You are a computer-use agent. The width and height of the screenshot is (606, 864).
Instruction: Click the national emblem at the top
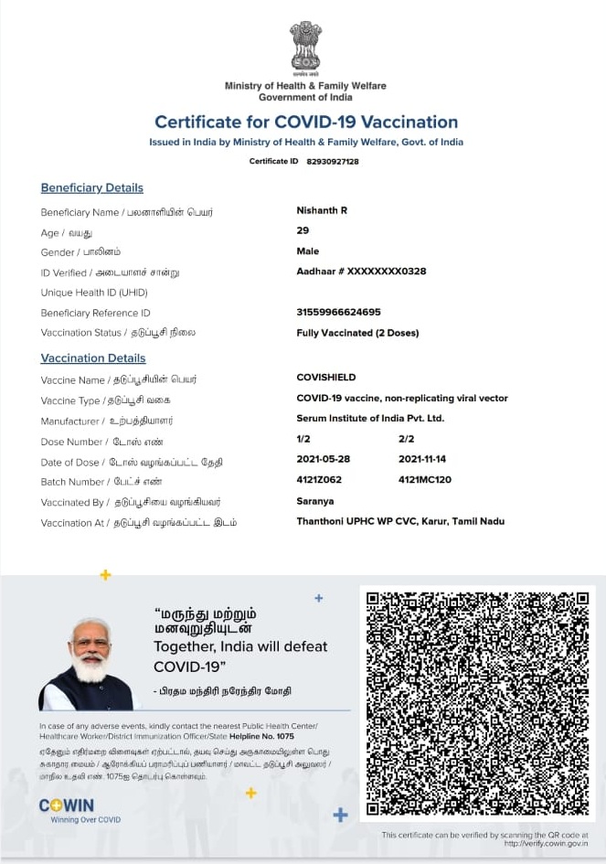coord(305,48)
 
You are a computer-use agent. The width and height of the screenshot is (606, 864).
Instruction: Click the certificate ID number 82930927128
coord(333,162)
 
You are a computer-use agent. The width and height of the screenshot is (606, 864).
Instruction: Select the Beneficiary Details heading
coord(92,188)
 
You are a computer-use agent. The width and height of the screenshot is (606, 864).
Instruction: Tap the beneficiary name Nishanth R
coord(322,211)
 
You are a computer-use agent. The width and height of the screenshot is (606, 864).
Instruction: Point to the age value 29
coord(303,231)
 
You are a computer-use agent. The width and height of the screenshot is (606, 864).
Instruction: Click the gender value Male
coord(308,251)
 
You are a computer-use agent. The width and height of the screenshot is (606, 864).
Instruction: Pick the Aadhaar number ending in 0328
coord(361,272)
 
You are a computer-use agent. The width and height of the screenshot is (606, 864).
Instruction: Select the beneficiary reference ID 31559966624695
coord(338,313)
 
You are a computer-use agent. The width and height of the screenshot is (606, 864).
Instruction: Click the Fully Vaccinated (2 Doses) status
coord(357,333)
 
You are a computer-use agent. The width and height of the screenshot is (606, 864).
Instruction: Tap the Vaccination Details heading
coord(93,358)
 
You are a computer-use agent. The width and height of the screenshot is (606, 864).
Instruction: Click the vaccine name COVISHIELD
coord(326,378)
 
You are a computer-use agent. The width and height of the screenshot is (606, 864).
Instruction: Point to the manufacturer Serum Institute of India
coord(370,419)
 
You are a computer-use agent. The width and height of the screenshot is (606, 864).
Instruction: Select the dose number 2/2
coord(407,440)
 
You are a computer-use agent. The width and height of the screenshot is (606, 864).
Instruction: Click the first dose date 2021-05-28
coord(324,459)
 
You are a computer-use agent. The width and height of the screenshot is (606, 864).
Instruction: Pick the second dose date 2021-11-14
coord(422,459)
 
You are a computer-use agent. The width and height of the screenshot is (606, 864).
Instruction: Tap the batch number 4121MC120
coord(425,480)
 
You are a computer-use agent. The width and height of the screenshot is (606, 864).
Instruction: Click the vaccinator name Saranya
coord(315,501)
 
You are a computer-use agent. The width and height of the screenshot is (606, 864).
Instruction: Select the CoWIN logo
coord(66,805)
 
